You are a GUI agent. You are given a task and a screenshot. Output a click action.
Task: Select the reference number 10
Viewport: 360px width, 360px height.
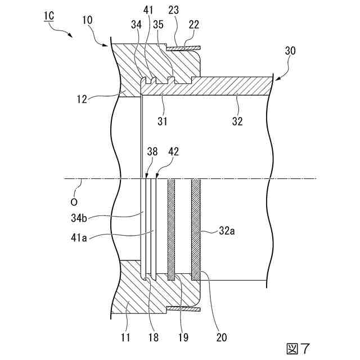coord(87,20)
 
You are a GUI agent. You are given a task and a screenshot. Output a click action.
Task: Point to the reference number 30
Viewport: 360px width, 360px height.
coord(290,50)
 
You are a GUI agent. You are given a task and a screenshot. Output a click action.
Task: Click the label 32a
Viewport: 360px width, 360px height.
coord(226,229)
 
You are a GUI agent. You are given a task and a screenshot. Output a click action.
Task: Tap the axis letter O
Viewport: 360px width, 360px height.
coord(74,200)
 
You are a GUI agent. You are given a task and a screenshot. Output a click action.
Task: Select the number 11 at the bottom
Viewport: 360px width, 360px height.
coord(125,337)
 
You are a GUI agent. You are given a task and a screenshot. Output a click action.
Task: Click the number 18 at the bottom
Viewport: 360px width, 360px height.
coord(152,337)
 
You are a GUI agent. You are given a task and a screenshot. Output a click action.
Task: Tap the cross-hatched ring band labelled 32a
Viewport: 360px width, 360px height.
coord(196,227)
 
